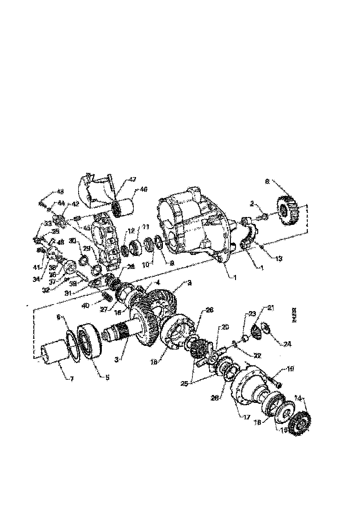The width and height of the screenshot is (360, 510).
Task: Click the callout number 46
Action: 143,189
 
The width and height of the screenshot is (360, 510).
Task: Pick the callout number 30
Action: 72,241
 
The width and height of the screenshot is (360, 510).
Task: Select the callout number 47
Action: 132,179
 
